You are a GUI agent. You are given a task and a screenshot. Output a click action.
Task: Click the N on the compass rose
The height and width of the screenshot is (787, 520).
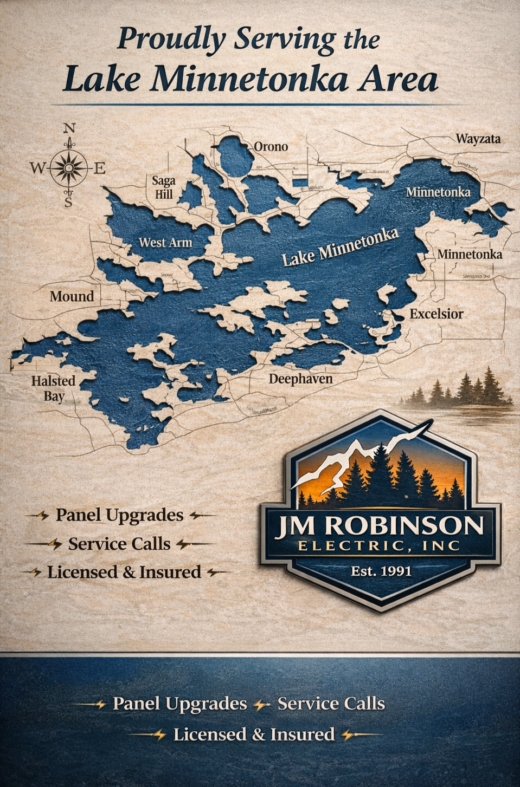point(69,128)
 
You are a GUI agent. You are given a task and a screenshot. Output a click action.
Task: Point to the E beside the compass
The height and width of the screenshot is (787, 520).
point(100,168)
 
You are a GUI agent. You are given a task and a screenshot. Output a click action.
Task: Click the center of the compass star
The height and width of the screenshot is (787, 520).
point(69,168)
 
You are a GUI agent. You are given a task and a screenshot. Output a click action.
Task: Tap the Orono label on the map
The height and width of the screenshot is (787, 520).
point(271,147)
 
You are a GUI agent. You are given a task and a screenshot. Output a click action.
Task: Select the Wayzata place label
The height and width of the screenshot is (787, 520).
point(478,139)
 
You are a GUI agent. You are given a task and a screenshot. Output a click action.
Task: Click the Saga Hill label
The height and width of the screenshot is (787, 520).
point(163,187)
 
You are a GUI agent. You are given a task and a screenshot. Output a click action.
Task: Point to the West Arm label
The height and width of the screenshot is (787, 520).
point(165,242)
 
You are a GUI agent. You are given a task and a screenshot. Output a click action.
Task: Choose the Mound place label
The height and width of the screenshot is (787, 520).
point(72,296)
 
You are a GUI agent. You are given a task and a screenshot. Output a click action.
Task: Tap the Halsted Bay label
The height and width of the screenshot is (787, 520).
point(53,388)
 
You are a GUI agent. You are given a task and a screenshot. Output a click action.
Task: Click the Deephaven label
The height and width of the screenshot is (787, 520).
point(300,379)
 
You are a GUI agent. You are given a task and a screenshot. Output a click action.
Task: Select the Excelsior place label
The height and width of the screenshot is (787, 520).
point(436,314)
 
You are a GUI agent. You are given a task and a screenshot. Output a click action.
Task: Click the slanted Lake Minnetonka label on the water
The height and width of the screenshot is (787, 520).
point(340,248)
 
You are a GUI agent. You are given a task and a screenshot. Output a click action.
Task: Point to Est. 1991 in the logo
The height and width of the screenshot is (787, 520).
point(381,570)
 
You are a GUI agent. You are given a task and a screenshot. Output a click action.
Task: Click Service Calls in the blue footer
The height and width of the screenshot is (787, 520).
point(331,704)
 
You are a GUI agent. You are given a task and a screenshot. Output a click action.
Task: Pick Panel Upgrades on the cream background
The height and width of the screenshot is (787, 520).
point(119,515)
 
